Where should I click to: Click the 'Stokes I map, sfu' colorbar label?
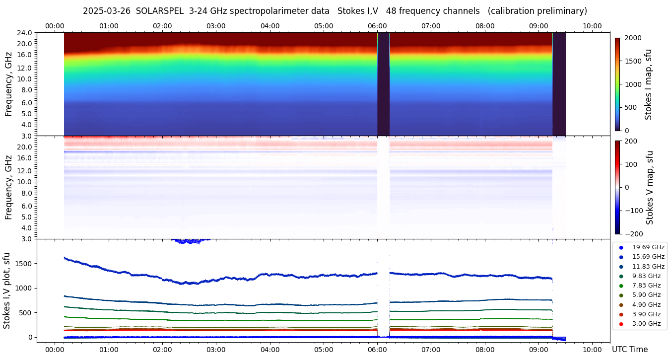(x=648, y=84)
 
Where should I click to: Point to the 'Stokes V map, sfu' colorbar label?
(x=650, y=188)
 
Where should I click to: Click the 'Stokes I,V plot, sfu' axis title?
(x=7, y=290)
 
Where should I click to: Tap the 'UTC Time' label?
(x=629, y=349)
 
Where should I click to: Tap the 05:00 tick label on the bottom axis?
(x=324, y=349)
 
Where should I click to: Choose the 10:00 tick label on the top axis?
(x=592, y=26)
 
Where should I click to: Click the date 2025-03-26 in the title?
(x=107, y=11)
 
